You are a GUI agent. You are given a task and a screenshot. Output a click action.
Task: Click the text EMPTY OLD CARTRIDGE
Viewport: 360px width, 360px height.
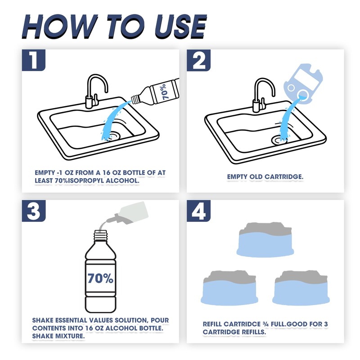pyautogui.click(x=265, y=177)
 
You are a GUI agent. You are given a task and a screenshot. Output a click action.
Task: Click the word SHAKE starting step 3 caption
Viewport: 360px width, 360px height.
pyautogui.click(x=44, y=320)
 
